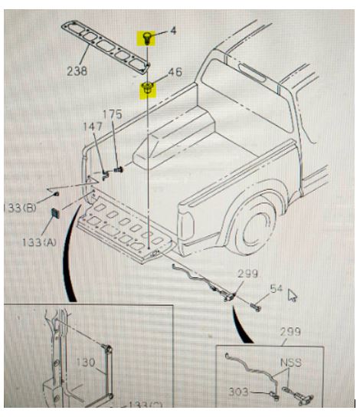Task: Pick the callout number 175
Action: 112,116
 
